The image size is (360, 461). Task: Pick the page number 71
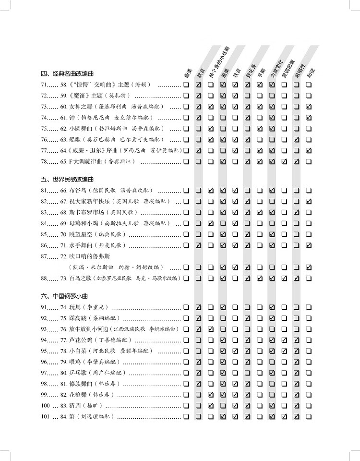point(44,85)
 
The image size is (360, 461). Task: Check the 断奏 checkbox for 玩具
point(185,307)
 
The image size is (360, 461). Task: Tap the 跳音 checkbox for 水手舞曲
point(198,245)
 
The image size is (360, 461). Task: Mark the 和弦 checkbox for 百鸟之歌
point(309,278)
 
